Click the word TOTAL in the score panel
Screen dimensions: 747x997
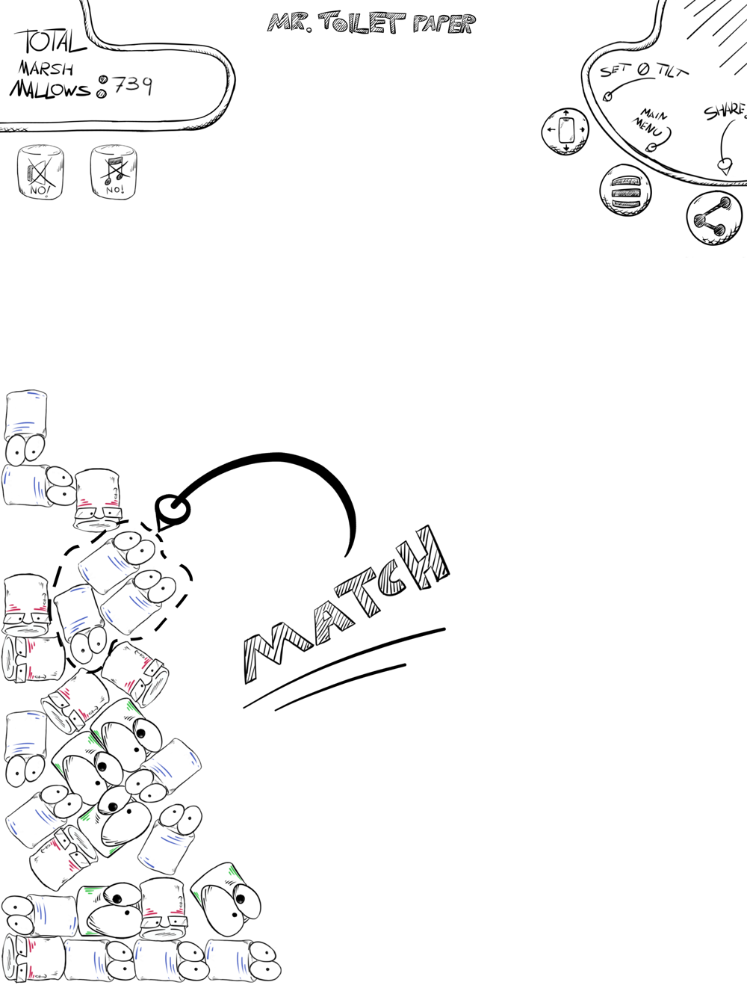pyautogui.click(x=50, y=41)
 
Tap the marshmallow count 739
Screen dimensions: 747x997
pyautogui.click(x=132, y=85)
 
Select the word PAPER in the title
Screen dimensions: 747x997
pyautogui.click(x=444, y=24)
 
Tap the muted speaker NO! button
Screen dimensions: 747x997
pyautogui.click(x=40, y=172)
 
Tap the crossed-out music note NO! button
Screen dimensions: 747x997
pyautogui.click(x=114, y=172)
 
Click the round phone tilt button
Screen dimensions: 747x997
pyautogui.click(x=565, y=132)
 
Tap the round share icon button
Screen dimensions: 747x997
pyautogui.click(x=714, y=218)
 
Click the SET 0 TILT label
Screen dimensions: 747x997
pyautogui.click(x=644, y=70)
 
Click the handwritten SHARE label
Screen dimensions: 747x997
pyautogui.click(x=725, y=112)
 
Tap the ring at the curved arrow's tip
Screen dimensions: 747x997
pyautogui.click(x=173, y=508)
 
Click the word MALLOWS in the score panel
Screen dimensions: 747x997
pyautogui.click(x=50, y=89)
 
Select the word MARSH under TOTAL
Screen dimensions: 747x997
pyautogui.click(x=46, y=69)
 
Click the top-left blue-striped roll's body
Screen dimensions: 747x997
pyautogui.click(x=26, y=415)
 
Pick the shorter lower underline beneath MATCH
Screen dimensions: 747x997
pyautogui.click(x=341, y=687)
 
